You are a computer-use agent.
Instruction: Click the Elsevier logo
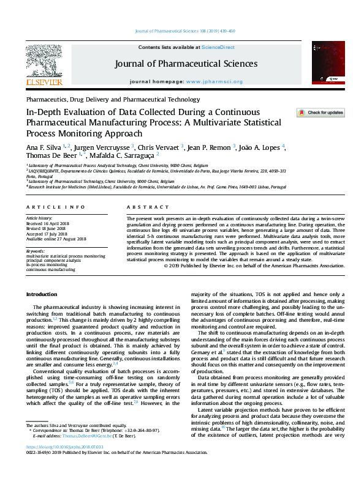tap(44, 65)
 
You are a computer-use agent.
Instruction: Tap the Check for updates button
tap(320, 113)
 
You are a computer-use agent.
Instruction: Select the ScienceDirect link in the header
tap(219, 47)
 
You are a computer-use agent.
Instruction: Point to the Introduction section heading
tap(41, 294)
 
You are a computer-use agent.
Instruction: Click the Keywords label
tap(36, 251)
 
